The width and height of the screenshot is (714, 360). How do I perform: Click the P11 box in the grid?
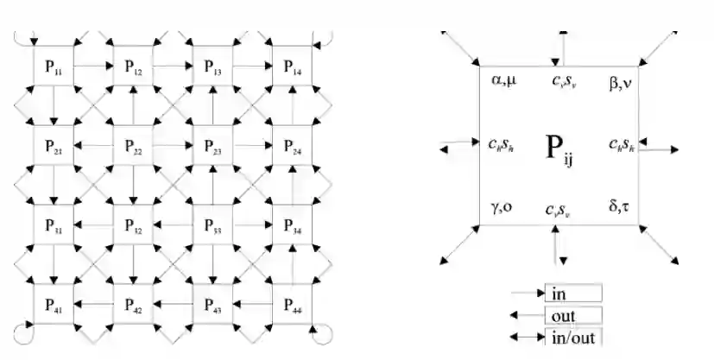click(54, 66)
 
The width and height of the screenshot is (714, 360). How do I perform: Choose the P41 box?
click(54, 304)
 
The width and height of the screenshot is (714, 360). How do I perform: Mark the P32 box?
click(133, 226)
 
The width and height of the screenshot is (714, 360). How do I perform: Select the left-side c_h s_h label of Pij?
click(502, 143)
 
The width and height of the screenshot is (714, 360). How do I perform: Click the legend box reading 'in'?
click(572, 294)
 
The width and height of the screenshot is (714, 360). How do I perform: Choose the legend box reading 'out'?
click(572, 316)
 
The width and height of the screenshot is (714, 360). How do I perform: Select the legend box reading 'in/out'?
click(572, 337)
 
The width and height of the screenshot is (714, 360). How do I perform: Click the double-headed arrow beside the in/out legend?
click(528, 337)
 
